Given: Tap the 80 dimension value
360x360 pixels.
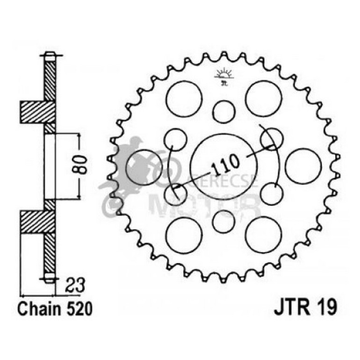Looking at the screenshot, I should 81,164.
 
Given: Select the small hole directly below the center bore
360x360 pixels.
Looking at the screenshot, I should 223,221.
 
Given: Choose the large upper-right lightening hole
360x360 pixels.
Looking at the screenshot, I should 264,99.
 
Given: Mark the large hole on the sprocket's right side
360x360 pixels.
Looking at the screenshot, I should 303,166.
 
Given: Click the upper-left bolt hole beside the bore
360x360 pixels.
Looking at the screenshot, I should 176,138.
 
